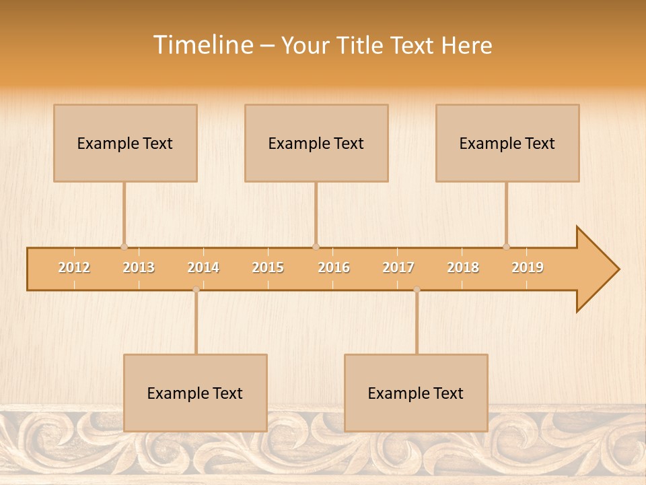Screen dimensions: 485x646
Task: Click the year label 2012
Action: coord(74,267)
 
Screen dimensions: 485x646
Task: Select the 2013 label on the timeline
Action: coord(139,267)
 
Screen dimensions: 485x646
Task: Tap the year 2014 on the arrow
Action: coord(203,267)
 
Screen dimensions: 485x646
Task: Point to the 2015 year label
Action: coord(268,267)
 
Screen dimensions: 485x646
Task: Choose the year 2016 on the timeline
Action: coord(334,267)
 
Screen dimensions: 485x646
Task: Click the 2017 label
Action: coord(398,267)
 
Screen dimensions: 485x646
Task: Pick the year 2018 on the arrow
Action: coord(463,267)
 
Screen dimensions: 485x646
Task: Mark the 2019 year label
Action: coord(528,267)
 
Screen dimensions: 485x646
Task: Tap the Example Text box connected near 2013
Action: coord(125,143)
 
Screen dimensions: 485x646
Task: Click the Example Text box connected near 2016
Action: coord(316,143)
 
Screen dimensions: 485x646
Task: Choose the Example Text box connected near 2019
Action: coord(507,143)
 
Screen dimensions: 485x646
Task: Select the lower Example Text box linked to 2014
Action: coord(195,393)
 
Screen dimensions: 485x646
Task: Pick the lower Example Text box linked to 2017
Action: coord(416,393)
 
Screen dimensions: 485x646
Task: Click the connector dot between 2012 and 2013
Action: coord(124,247)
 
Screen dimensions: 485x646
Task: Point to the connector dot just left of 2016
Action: coord(316,247)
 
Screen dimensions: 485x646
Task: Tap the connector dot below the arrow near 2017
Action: coord(417,290)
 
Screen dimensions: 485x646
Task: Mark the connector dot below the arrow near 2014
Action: coord(196,290)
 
